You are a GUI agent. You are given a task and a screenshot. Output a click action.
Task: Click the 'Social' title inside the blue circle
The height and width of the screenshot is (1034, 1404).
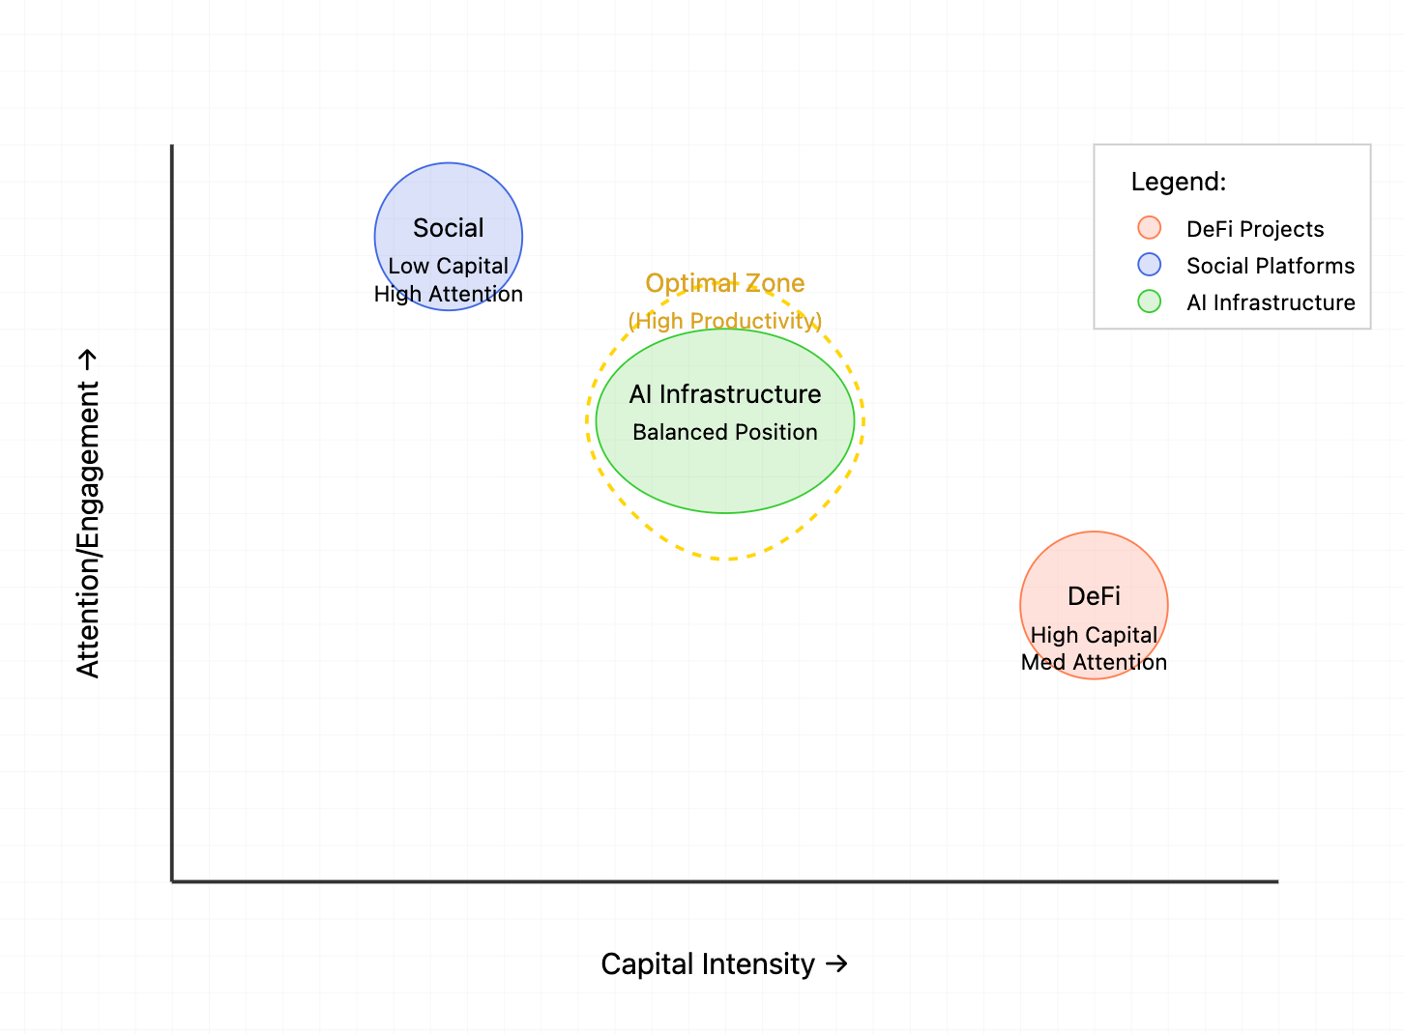click(448, 228)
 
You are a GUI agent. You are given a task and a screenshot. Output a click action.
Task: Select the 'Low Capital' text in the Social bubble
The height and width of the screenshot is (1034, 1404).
click(448, 266)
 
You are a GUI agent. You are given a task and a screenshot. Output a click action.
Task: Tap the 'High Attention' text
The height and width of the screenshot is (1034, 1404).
click(448, 294)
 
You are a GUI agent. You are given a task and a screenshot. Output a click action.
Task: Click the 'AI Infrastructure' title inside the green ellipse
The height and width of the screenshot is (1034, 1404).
click(724, 394)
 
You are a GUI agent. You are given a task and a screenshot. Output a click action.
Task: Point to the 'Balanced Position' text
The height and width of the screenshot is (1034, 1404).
click(724, 432)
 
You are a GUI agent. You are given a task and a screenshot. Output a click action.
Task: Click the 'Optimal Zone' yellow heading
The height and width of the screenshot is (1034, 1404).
click(724, 283)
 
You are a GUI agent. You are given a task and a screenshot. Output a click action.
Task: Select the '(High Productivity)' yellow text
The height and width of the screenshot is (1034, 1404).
click(724, 321)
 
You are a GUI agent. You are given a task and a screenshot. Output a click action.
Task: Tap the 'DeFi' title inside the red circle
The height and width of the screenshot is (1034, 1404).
click(1094, 596)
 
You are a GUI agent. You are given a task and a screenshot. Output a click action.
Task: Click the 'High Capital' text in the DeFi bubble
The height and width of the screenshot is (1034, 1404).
click(1094, 635)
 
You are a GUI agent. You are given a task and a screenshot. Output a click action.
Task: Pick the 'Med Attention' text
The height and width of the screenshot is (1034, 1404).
click(1094, 662)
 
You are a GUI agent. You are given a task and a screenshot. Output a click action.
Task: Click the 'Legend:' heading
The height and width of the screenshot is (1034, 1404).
click(1178, 182)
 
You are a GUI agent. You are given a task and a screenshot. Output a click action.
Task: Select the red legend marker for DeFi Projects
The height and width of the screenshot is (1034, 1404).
click(1149, 228)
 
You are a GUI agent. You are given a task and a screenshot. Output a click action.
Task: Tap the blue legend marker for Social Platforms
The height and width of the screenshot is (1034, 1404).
click(1149, 265)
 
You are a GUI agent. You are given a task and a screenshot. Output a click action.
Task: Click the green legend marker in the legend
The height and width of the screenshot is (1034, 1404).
click(1149, 302)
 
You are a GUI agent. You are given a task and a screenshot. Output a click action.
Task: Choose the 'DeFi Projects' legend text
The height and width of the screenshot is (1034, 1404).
click(1254, 229)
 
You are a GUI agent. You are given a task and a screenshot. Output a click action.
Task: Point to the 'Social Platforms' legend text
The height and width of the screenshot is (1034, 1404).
click(1270, 266)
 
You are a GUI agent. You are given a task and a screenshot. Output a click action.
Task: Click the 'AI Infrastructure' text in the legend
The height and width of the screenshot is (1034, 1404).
click(1270, 302)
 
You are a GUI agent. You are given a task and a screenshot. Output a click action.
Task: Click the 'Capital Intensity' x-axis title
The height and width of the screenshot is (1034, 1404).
click(708, 963)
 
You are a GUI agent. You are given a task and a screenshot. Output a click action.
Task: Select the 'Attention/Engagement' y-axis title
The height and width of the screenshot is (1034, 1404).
click(88, 530)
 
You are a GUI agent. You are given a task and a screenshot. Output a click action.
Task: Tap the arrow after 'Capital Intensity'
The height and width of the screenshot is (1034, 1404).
click(836, 963)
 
